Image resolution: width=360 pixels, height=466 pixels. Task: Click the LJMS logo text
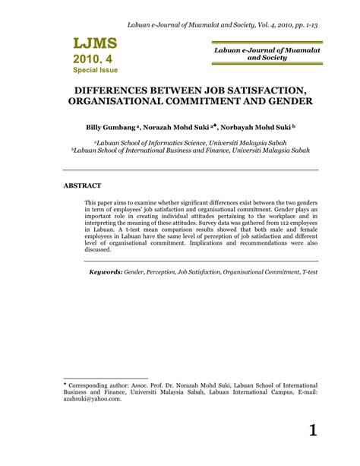(x=96, y=43)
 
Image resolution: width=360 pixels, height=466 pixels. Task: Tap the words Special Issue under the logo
(x=96, y=70)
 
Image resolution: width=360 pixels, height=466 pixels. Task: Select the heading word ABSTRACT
(x=82, y=185)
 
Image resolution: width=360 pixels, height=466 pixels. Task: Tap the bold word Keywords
(x=105, y=271)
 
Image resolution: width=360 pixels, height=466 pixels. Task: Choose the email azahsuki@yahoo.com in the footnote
(x=92, y=398)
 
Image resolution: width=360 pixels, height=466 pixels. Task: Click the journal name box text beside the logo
(x=256, y=52)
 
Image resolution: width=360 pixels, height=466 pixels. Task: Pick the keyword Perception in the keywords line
(x=163, y=271)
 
